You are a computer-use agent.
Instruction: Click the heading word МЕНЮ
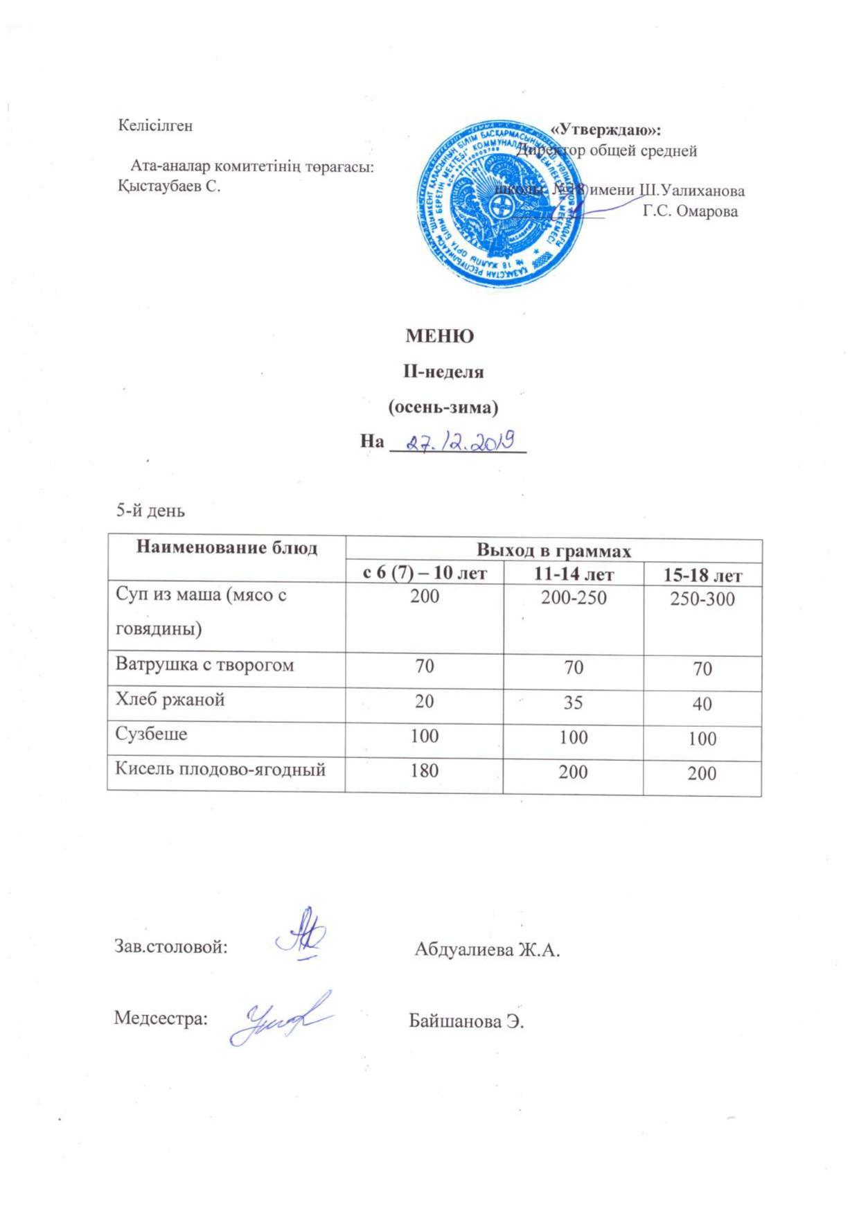pos(439,337)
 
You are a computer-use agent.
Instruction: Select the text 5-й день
pos(150,511)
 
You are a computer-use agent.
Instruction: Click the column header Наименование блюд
pos(227,549)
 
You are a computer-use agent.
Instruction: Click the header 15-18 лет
pos(702,575)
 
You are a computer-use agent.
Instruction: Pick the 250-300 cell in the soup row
pos(702,600)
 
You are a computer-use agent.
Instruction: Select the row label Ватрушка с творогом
pos(204,665)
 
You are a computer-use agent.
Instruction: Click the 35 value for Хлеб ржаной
pos(574,702)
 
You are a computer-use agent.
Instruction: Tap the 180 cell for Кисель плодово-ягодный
pos(424,770)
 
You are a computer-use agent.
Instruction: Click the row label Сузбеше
pos(151,734)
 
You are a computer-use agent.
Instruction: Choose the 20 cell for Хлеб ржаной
pos(424,701)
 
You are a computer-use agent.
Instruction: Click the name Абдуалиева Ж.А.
pos(487,950)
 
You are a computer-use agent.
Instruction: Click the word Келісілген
pos(155,126)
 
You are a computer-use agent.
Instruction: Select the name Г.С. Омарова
pos(690,212)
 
